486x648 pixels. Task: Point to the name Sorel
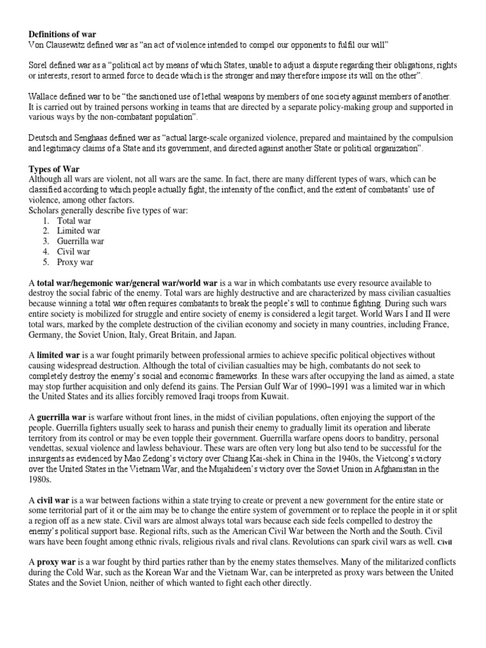40,66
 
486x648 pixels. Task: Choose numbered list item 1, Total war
74,221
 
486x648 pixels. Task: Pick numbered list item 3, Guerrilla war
80,241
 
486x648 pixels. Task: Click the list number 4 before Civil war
46,252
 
